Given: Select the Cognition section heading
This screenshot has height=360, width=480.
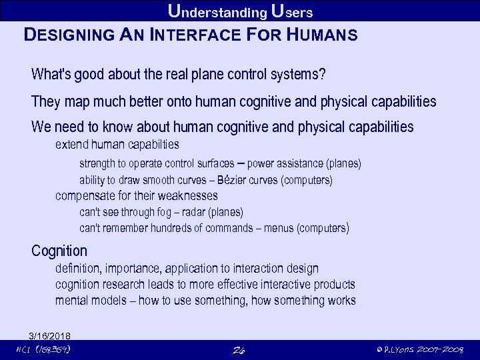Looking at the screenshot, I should [59, 251].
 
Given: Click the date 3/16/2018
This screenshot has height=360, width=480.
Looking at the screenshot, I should [50, 335].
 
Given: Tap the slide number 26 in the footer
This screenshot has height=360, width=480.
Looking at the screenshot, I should [241, 350].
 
